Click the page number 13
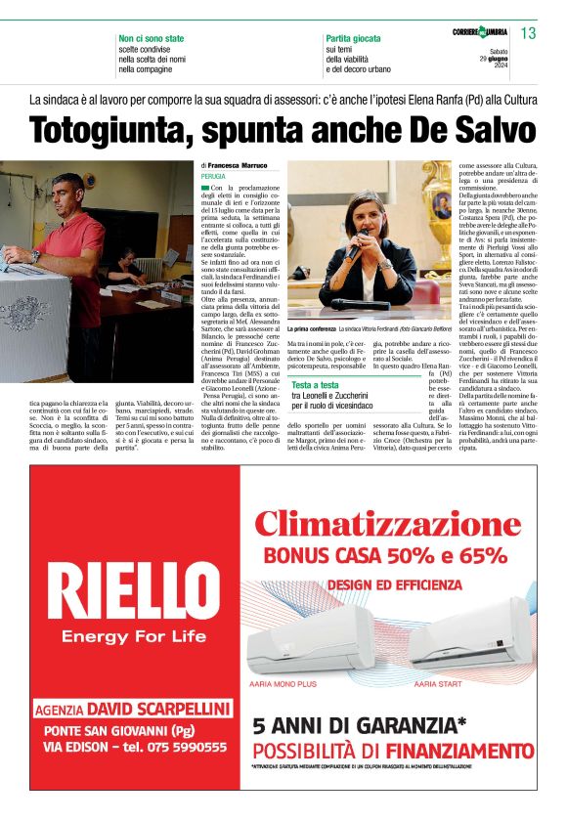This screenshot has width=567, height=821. click(x=529, y=34)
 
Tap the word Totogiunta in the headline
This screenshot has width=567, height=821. click(x=109, y=131)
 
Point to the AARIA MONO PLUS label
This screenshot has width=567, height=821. click(x=284, y=684)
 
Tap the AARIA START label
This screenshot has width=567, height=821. click(x=437, y=684)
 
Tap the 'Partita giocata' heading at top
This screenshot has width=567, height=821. click(x=353, y=38)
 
